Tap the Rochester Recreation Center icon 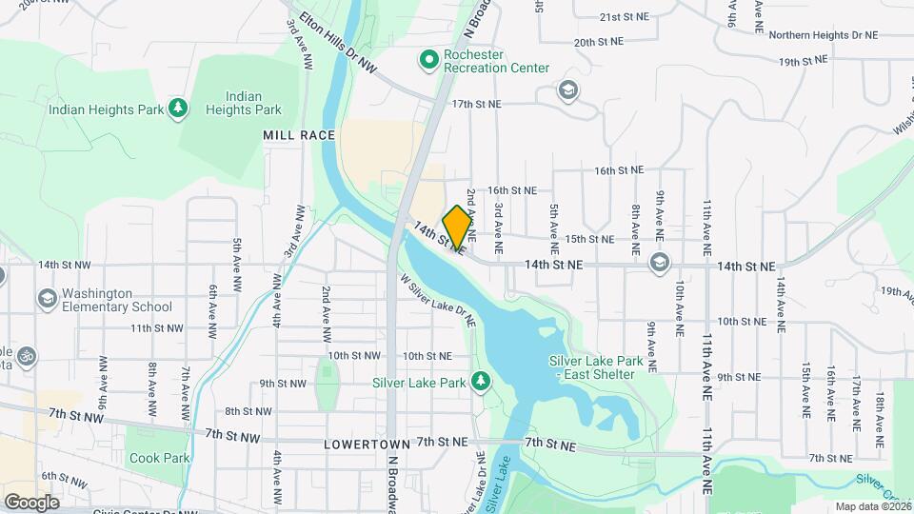tap(429, 61)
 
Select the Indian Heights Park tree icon tap(177, 109)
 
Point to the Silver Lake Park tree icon tap(482, 383)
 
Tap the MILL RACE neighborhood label tap(299, 136)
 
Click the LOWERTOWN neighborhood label tap(367, 445)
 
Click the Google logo tap(31, 502)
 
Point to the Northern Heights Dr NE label tap(823, 35)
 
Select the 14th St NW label tap(65, 265)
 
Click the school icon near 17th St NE tap(568, 91)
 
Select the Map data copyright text tap(870, 506)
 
